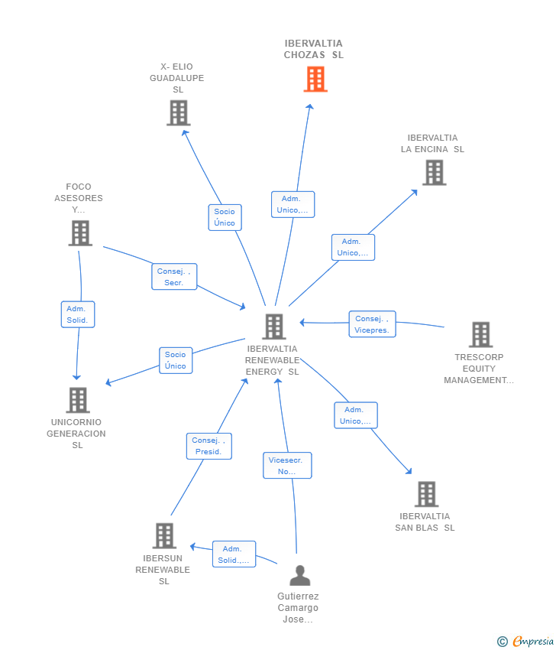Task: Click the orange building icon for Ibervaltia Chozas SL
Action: [315, 80]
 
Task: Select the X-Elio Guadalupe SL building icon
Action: [179, 112]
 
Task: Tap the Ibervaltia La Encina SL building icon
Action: [435, 173]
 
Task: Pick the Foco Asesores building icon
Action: [80, 233]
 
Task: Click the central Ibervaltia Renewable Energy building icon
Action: [274, 327]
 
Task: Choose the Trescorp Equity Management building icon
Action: [481, 334]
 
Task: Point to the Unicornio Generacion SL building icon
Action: [78, 400]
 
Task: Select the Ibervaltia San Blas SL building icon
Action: [427, 494]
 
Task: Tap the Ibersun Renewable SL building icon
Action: [164, 535]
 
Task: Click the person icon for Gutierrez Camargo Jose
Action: [299, 575]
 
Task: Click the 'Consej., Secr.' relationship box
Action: [174, 277]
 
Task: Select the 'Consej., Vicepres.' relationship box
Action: [372, 324]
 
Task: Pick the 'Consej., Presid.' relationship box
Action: [209, 446]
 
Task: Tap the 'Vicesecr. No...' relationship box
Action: [287, 466]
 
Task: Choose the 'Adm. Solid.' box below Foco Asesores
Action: [78, 314]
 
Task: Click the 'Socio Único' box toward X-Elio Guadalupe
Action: [225, 217]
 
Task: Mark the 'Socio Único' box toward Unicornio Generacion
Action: [176, 360]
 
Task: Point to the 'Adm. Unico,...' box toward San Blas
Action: [356, 415]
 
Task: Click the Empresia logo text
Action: [533, 641]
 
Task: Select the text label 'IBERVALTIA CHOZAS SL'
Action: [313, 49]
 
